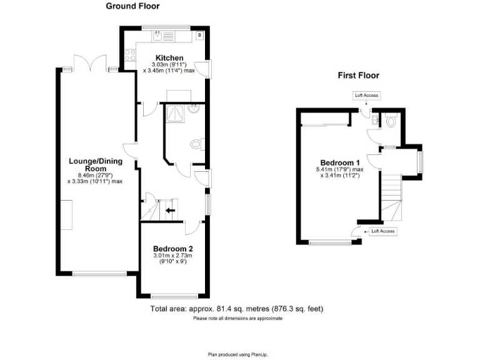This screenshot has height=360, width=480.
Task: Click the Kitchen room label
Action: [x=169, y=58]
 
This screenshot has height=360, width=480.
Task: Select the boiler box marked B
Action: [x=199, y=36]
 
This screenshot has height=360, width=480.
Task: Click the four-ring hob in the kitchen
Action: [x=131, y=55]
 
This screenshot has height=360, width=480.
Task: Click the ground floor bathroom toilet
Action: [x=196, y=145]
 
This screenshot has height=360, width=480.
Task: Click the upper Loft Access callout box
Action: [x=366, y=96]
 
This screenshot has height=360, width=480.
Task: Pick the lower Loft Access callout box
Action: [x=383, y=231]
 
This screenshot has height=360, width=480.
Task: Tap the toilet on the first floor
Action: [x=391, y=121]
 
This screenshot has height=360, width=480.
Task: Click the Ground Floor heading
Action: [x=132, y=6]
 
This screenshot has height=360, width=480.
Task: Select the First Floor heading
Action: [x=358, y=76]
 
